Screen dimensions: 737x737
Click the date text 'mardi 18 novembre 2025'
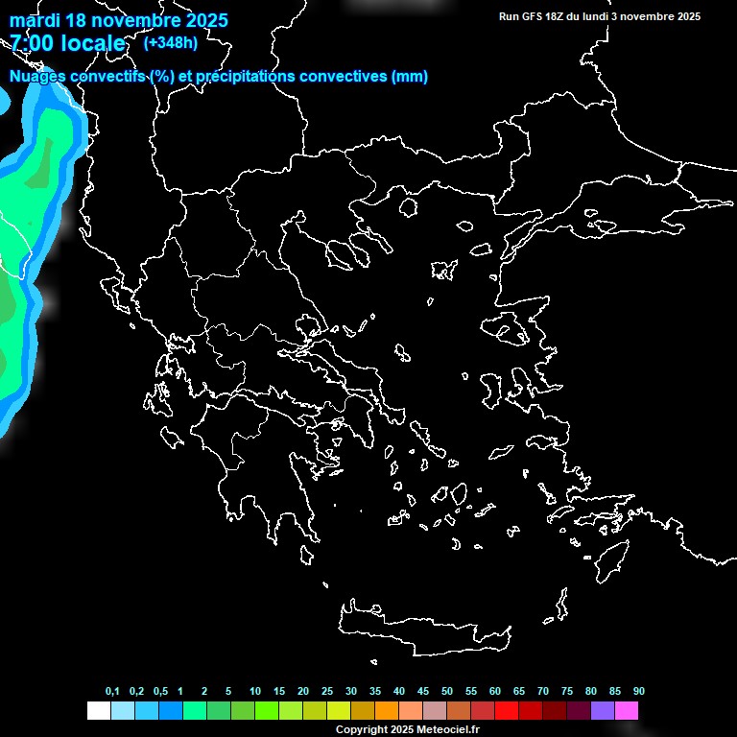coord(119,20)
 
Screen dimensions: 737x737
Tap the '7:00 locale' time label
coord(67,43)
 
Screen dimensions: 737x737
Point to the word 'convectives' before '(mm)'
coord(335,77)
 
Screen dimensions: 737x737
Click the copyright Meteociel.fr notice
coord(407,729)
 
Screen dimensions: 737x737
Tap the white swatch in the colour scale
coord(98,711)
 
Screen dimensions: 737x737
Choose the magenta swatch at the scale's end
coord(626,711)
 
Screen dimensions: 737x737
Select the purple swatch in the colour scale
coord(602,711)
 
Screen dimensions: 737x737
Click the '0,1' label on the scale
coord(112,692)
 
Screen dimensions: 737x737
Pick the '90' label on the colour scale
coord(639,692)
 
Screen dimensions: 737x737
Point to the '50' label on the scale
coord(447,692)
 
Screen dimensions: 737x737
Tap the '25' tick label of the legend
coord(327,692)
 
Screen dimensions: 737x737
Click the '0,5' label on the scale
coord(160,692)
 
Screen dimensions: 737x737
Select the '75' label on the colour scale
coord(567,692)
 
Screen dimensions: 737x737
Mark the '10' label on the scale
coord(255,692)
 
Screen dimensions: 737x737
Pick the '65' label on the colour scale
coord(519,692)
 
